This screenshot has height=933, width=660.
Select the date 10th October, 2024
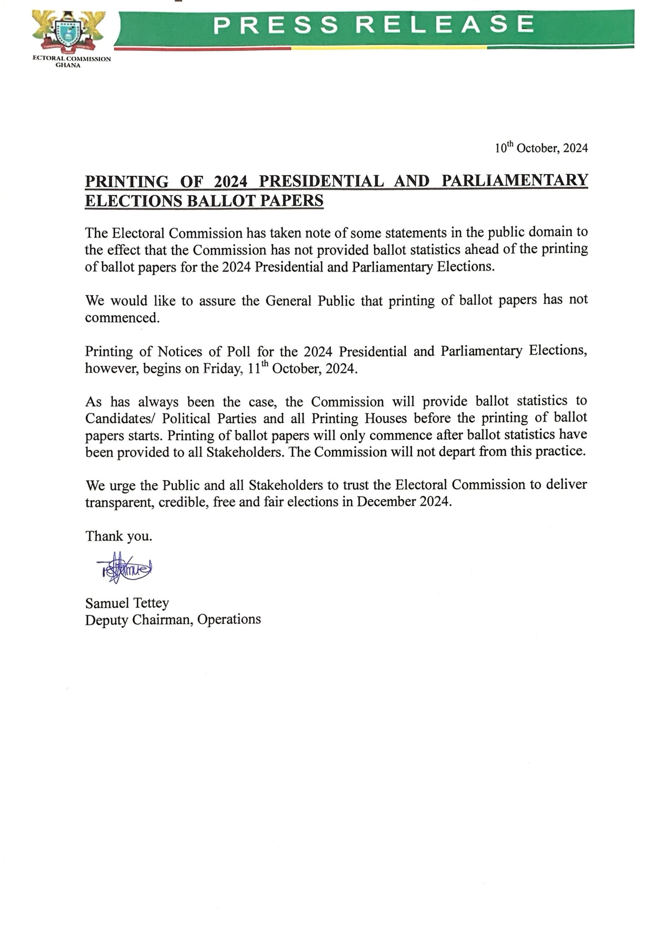(x=541, y=148)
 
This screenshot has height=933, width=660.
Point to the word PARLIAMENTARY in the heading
(x=515, y=181)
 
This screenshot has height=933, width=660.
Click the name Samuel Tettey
(x=127, y=603)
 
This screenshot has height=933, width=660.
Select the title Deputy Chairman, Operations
(x=173, y=620)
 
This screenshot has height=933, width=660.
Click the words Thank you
(x=119, y=536)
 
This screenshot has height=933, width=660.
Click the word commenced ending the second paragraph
(x=122, y=318)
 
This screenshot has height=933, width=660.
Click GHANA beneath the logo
(x=71, y=65)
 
